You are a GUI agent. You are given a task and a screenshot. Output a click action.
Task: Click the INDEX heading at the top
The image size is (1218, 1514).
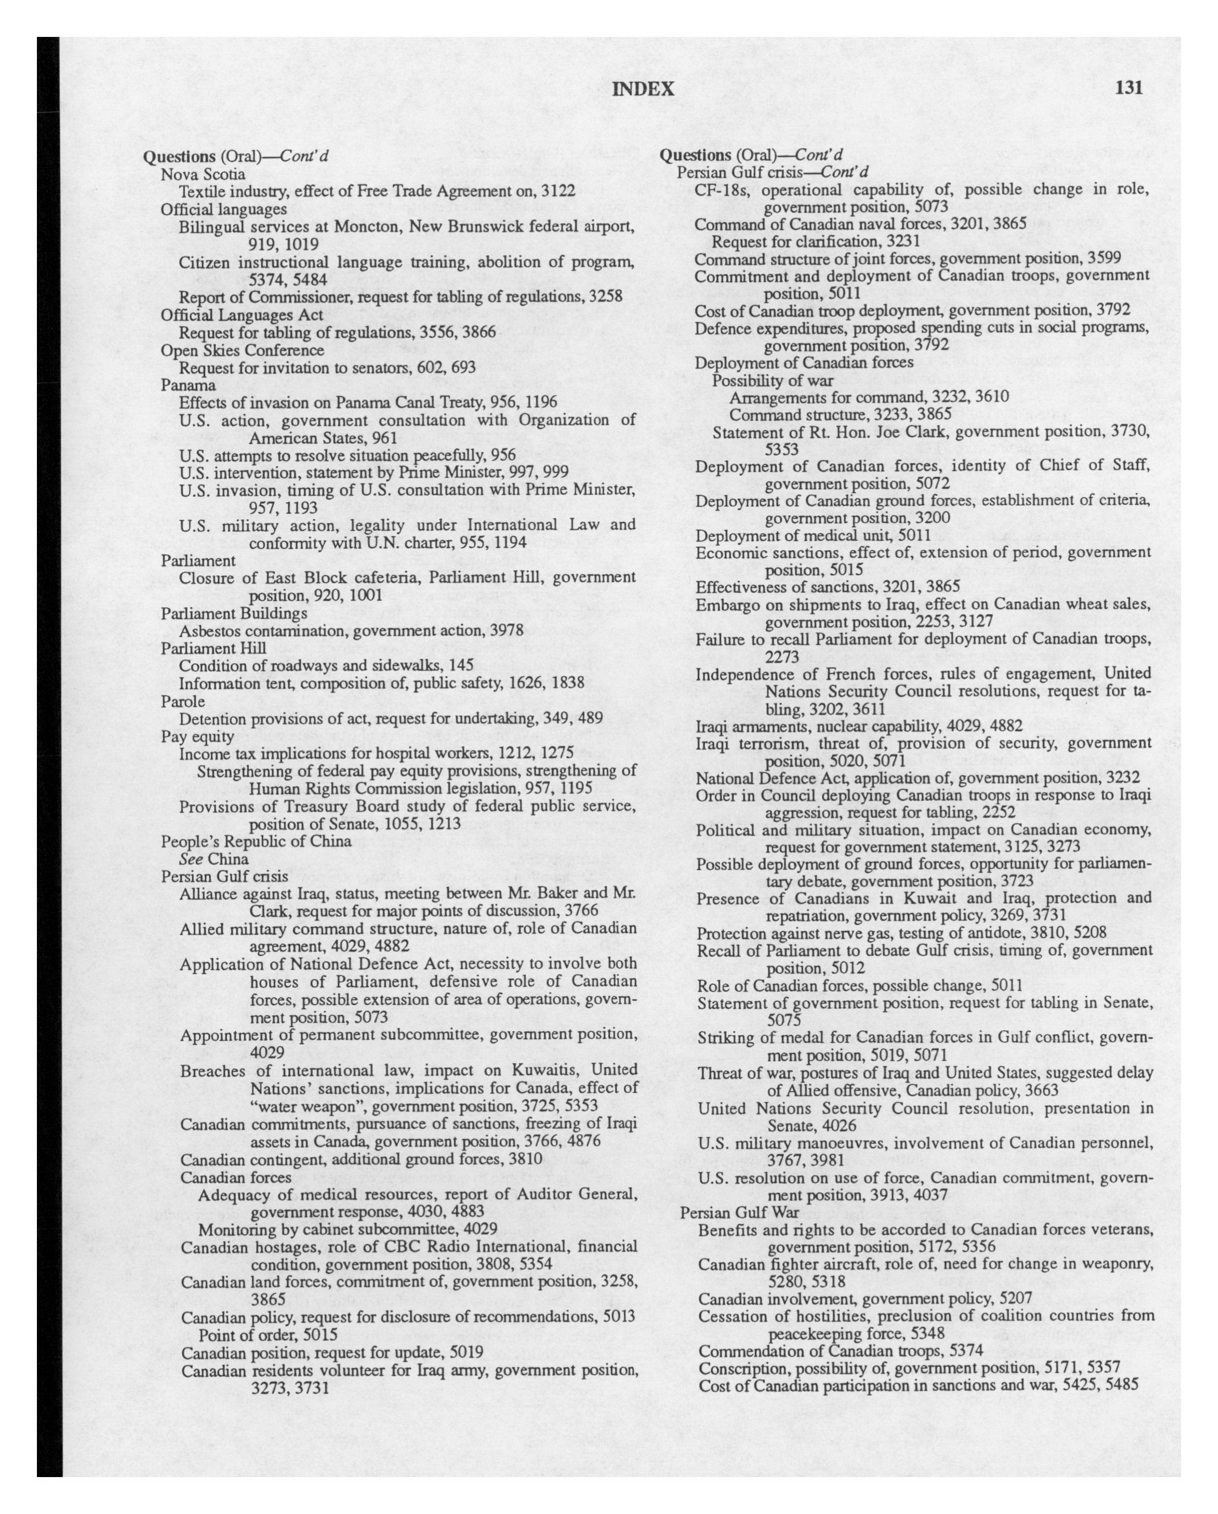point(643,89)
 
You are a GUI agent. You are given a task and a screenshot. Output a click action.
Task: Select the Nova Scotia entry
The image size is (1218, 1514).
point(203,173)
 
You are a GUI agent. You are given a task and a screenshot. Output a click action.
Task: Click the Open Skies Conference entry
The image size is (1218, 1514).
point(242,350)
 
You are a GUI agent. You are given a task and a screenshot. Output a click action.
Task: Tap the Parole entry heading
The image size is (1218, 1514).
point(183,701)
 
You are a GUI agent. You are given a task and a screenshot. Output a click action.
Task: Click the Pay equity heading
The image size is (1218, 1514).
point(197,736)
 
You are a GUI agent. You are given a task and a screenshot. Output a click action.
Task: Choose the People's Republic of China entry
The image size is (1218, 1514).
point(255,841)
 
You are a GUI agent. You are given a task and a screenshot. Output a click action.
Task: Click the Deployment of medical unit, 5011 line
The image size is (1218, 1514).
point(812,536)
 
